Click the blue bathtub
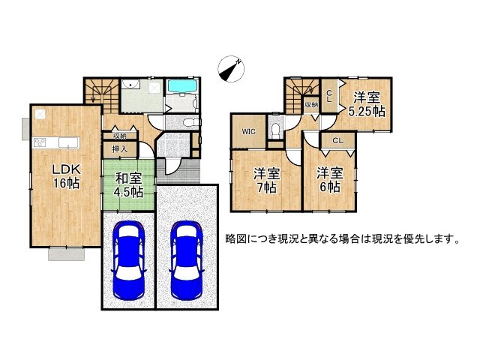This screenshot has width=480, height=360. click(181, 91)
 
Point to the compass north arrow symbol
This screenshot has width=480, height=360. click(229, 69)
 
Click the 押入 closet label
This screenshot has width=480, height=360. click(120, 150)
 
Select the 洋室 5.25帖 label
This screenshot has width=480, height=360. click(367, 103)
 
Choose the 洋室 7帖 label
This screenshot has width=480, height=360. click(264, 180)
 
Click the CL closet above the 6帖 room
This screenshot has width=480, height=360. click(337, 140)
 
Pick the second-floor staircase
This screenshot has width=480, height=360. click(297, 94)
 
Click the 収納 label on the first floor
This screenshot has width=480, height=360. click(120, 136)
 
